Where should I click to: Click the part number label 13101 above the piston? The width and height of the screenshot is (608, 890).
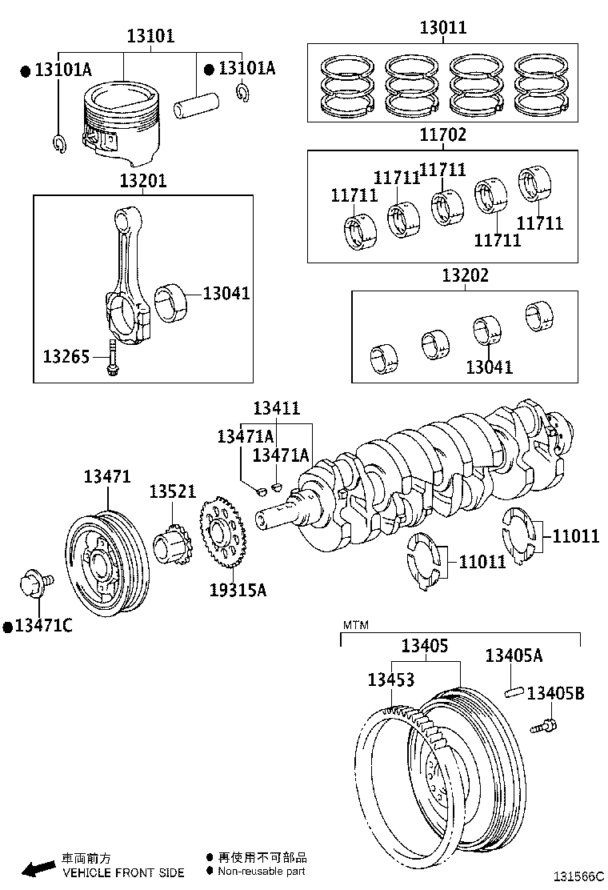click(151, 36)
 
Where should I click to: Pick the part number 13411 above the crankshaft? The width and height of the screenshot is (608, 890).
click(276, 408)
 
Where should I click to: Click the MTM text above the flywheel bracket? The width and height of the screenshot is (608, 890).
click(356, 624)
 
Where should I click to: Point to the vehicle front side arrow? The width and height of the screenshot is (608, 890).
click(37, 869)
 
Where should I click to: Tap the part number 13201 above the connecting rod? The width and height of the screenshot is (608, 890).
click(143, 181)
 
